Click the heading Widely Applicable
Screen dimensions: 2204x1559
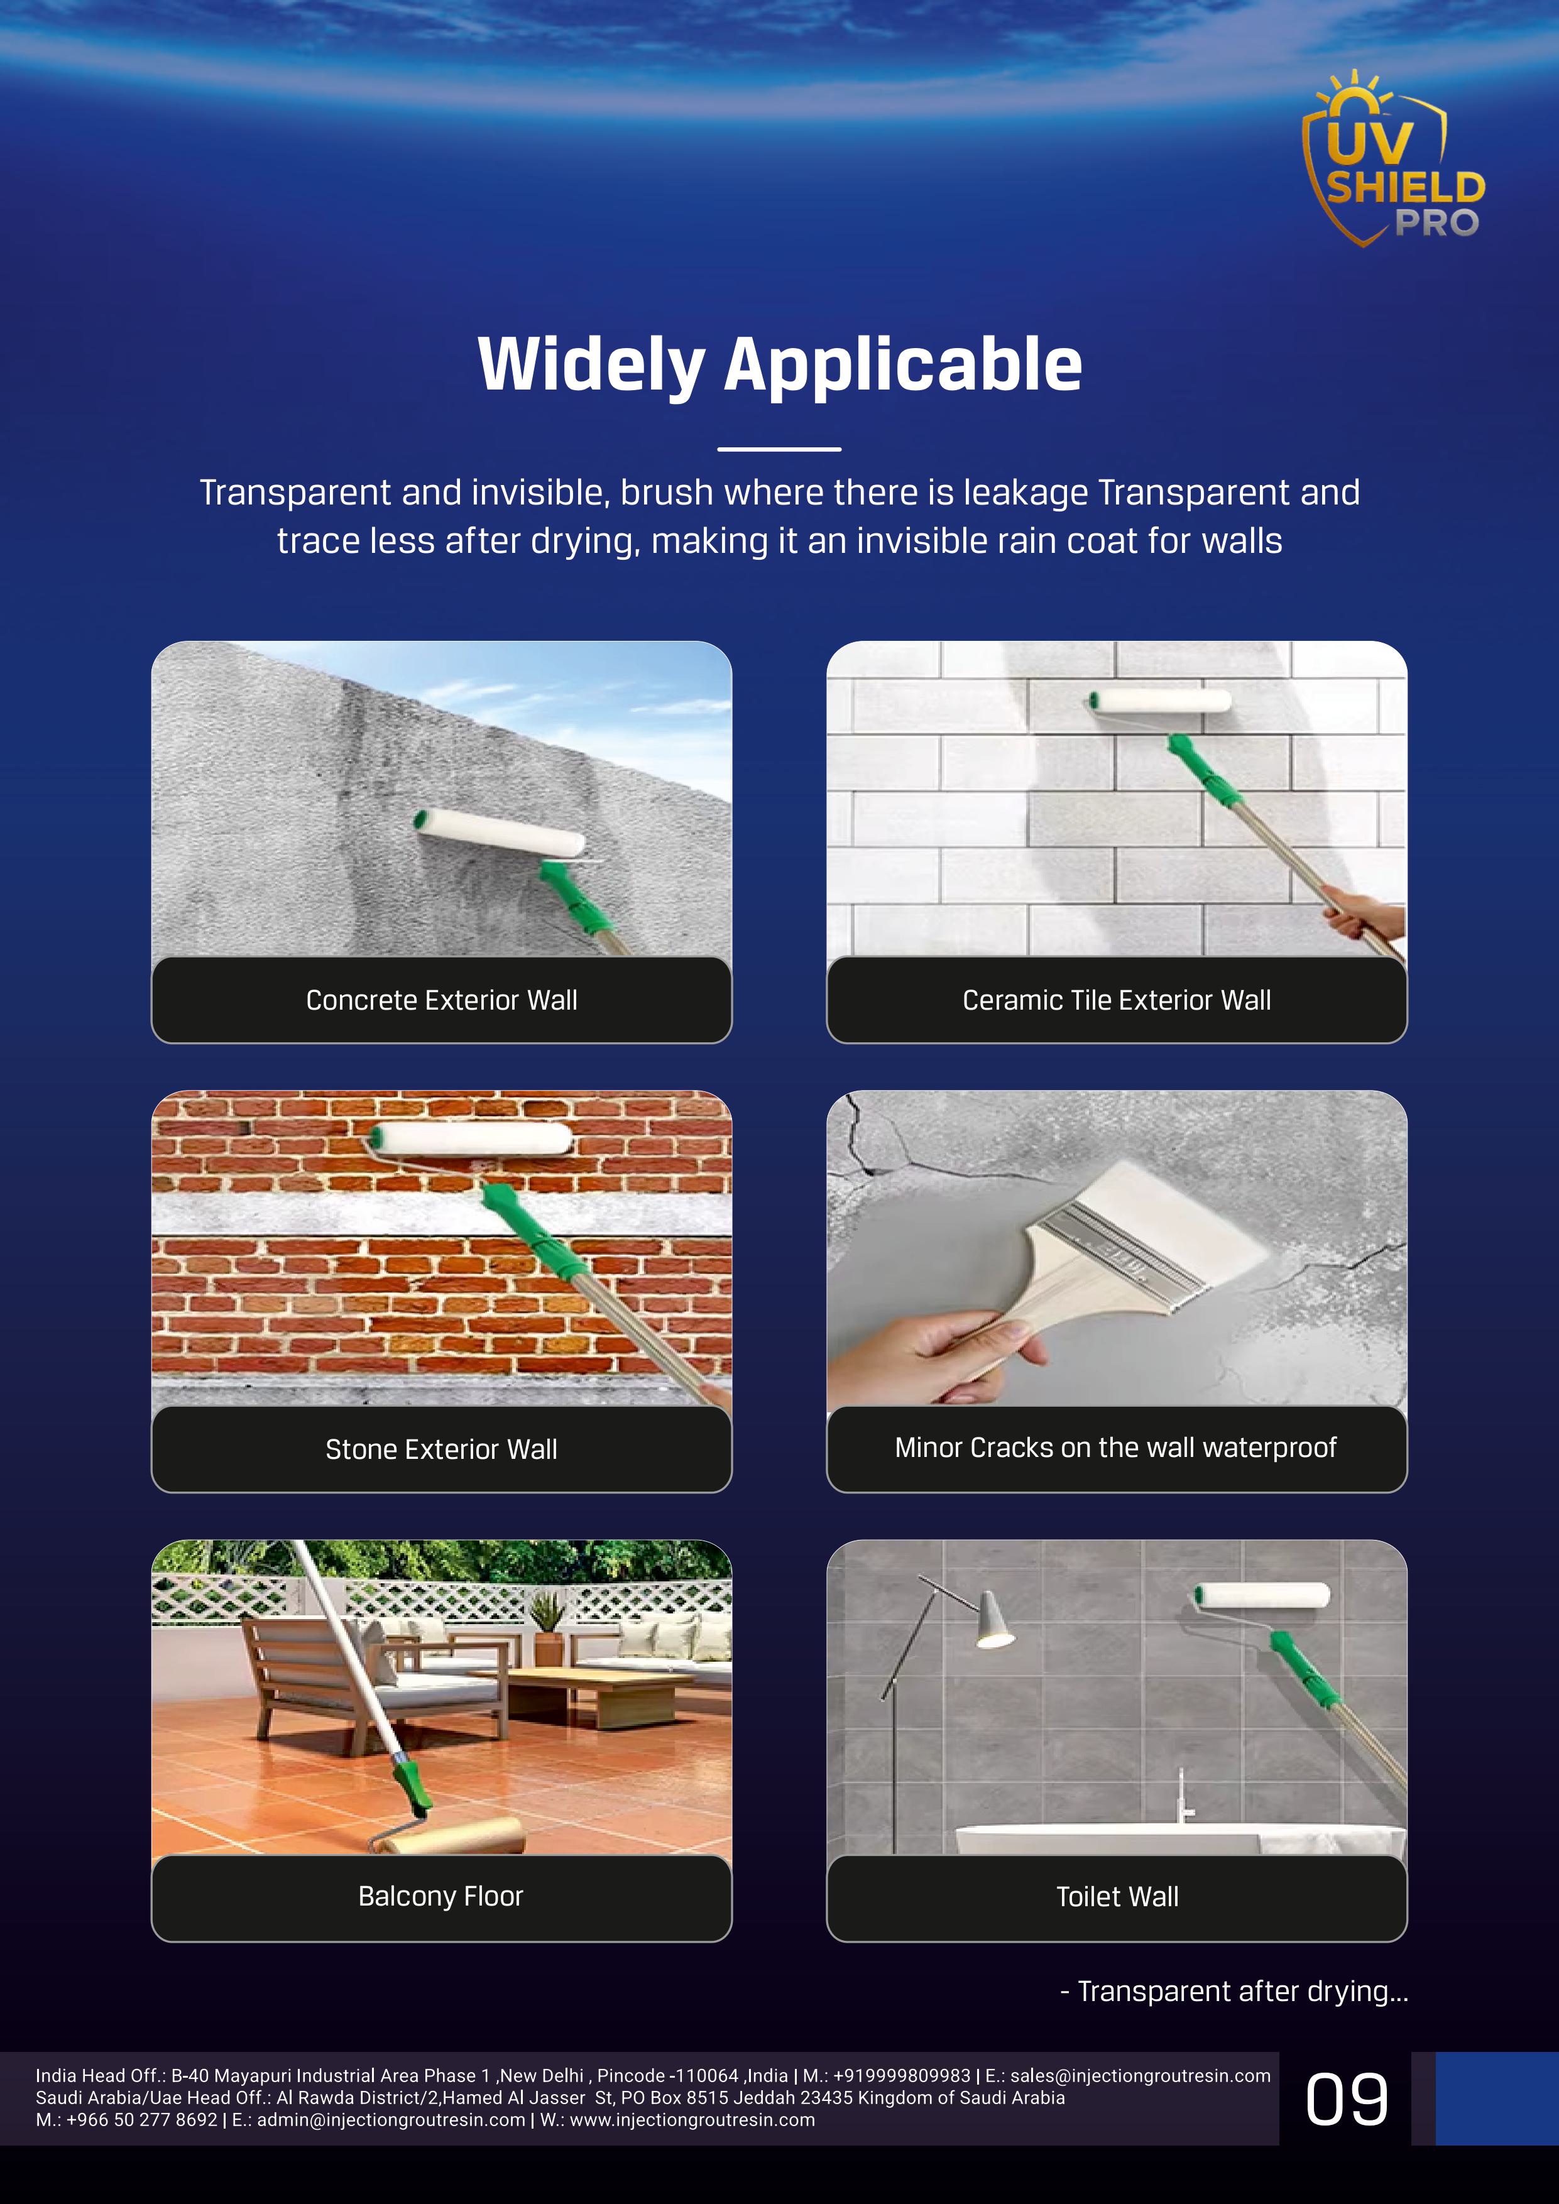[x=779, y=365]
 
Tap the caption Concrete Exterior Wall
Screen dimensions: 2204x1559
[x=442, y=1000]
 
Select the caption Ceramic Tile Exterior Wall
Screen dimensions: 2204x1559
[x=1117, y=1000]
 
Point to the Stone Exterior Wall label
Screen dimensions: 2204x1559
[x=442, y=1449]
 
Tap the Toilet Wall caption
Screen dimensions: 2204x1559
[x=1117, y=1897]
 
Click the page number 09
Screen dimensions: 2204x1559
[x=1346, y=2100]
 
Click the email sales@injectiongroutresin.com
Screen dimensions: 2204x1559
[x=1139, y=2075]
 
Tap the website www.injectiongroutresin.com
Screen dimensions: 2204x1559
[x=692, y=2120]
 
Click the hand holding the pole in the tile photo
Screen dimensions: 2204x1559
[x=1363, y=912]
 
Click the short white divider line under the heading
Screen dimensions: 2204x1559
[x=779, y=449]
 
